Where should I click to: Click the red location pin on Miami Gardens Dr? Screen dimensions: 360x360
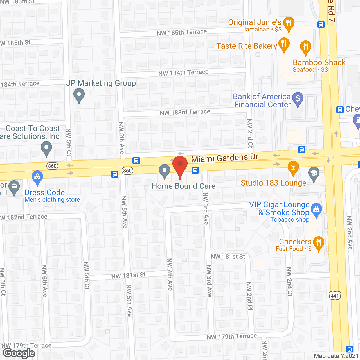pos(180,165)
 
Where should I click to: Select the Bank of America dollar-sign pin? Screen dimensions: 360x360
pos(298,99)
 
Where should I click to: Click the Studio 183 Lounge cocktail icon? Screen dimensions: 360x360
pos(293,168)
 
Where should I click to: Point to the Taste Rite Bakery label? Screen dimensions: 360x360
pos(247,46)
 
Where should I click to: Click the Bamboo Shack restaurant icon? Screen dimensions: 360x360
pos(305,47)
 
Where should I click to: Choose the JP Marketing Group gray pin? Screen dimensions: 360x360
pos(79,95)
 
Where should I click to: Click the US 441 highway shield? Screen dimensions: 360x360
pos(335,296)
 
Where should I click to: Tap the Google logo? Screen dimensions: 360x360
pos(19,353)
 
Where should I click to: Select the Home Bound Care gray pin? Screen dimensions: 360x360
pos(165,171)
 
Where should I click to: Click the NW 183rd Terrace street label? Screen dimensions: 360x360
pos(185,112)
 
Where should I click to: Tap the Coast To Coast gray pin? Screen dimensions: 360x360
pos(46,148)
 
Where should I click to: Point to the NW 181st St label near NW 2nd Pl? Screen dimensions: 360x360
pos(228,256)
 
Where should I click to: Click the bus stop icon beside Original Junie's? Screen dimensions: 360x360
pos(321,24)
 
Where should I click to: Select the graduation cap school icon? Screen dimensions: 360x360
pos(314,174)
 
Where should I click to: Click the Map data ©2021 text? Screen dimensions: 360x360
pos(336,356)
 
